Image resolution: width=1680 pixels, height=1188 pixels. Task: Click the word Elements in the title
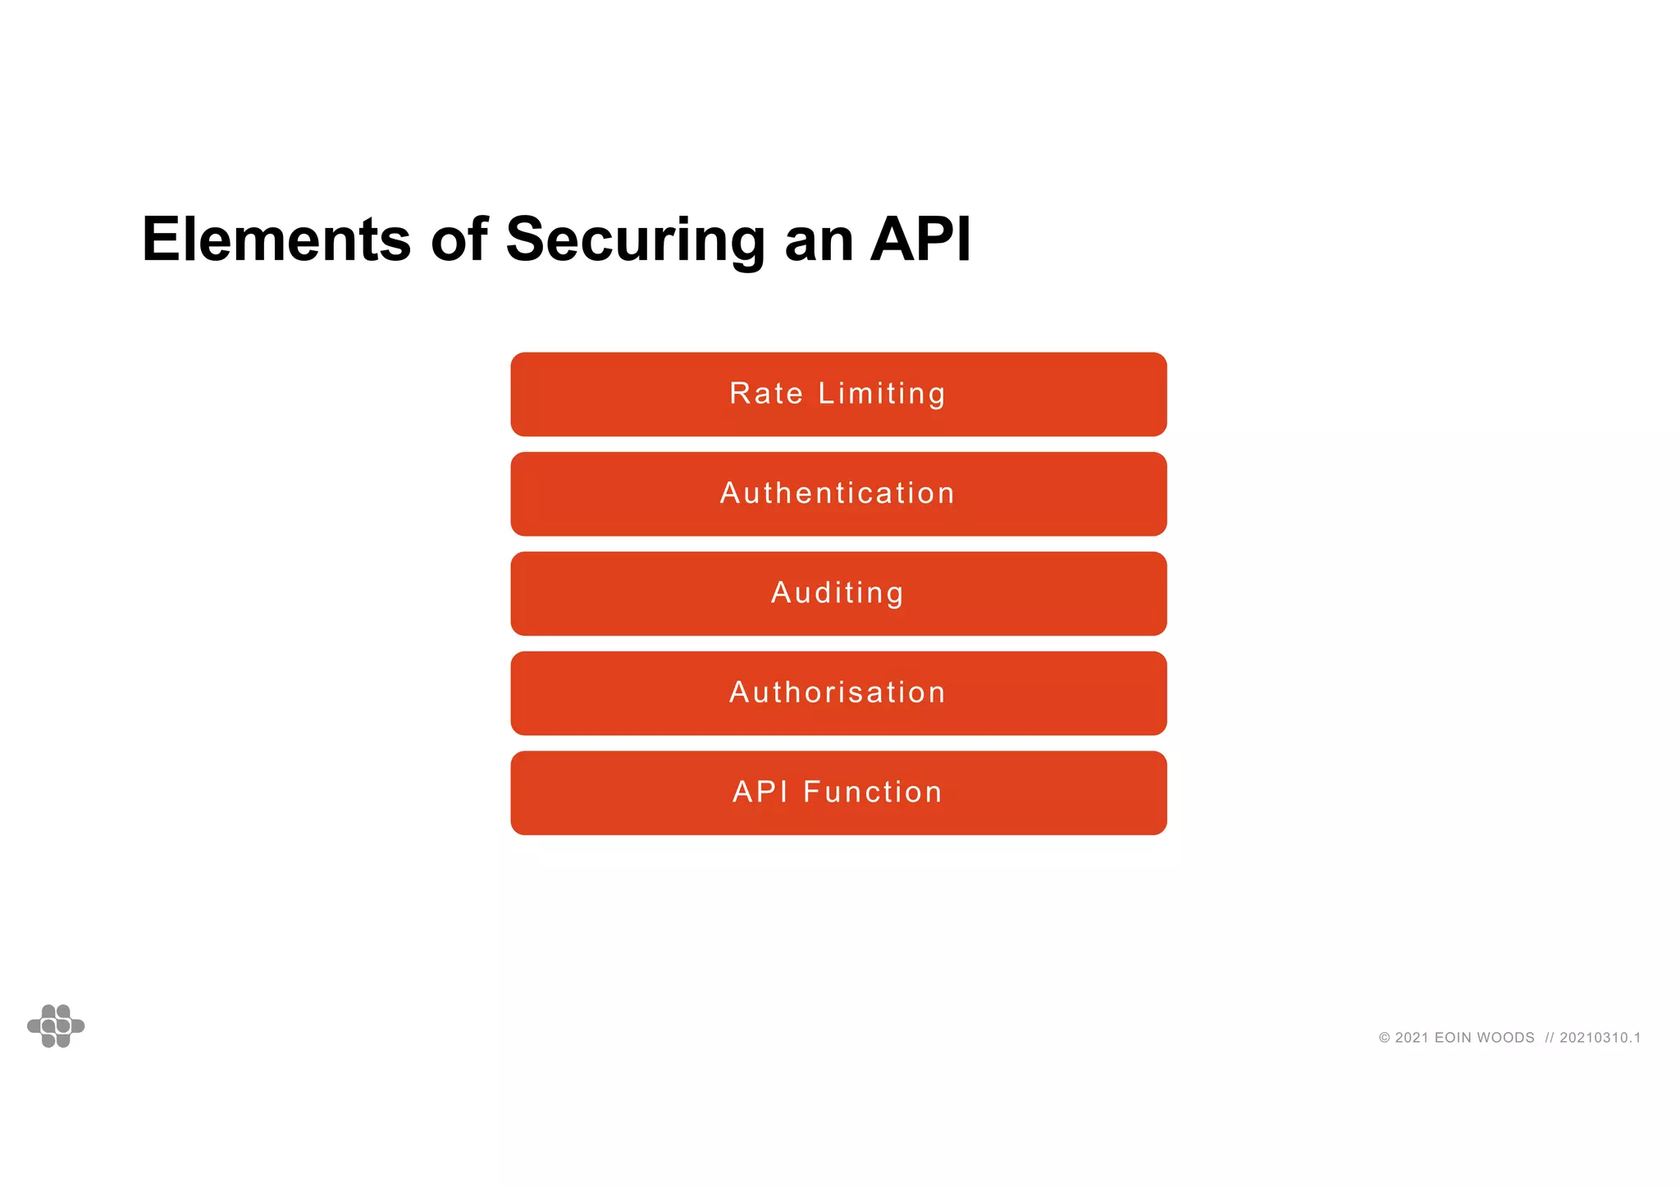pyautogui.click(x=276, y=240)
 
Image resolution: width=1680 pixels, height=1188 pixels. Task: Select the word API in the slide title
pyautogui.click(x=920, y=240)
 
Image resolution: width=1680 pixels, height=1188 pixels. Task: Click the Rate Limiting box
pyautogui.click(x=838, y=395)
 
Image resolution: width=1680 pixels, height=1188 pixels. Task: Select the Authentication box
pyautogui.click(x=838, y=494)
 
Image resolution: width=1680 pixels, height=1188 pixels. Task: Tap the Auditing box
pyautogui.click(x=838, y=593)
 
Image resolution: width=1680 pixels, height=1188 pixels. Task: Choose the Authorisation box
pyautogui.click(x=838, y=693)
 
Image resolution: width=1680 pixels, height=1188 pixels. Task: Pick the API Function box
pyautogui.click(x=838, y=793)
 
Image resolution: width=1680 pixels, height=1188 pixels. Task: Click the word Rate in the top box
pyautogui.click(x=766, y=394)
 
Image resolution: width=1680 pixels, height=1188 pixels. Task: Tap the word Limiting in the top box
pyautogui.click(x=882, y=395)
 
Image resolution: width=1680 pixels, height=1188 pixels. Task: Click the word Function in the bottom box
pyautogui.click(x=873, y=793)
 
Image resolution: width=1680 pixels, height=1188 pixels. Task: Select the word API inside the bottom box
pyautogui.click(x=760, y=793)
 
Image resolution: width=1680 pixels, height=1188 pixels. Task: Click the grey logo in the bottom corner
pyautogui.click(x=56, y=1026)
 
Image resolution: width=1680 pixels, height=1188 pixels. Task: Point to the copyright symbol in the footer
pyautogui.click(x=1385, y=1038)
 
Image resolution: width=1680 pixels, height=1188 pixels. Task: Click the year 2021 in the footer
pyautogui.click(x=1412, y=1038)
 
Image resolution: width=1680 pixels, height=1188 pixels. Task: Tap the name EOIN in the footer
pyautogui.click(x=1453, y=1038)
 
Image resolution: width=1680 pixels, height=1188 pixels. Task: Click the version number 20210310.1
pyautogui.click(x=1600, y=1038)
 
